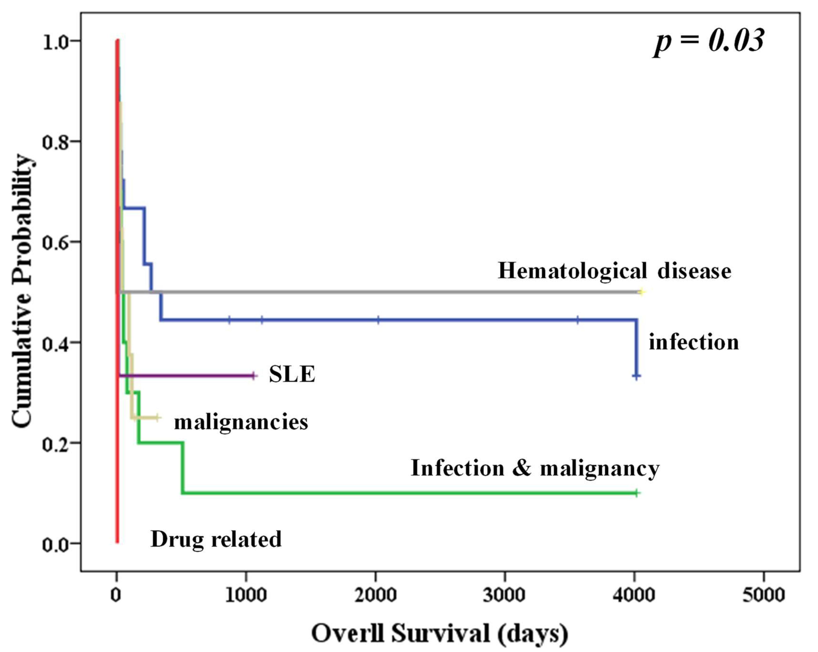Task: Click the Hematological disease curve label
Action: [614, 272]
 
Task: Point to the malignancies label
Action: [241, 422]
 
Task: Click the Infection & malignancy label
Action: [535, 468]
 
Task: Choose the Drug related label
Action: [216, 539]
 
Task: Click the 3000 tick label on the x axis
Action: [504, 595]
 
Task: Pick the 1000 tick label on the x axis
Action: [246, 595]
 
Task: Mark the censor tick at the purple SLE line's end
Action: [254, 376]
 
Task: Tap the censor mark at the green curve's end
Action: [637, 493]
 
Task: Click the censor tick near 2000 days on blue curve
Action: [378, 320]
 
